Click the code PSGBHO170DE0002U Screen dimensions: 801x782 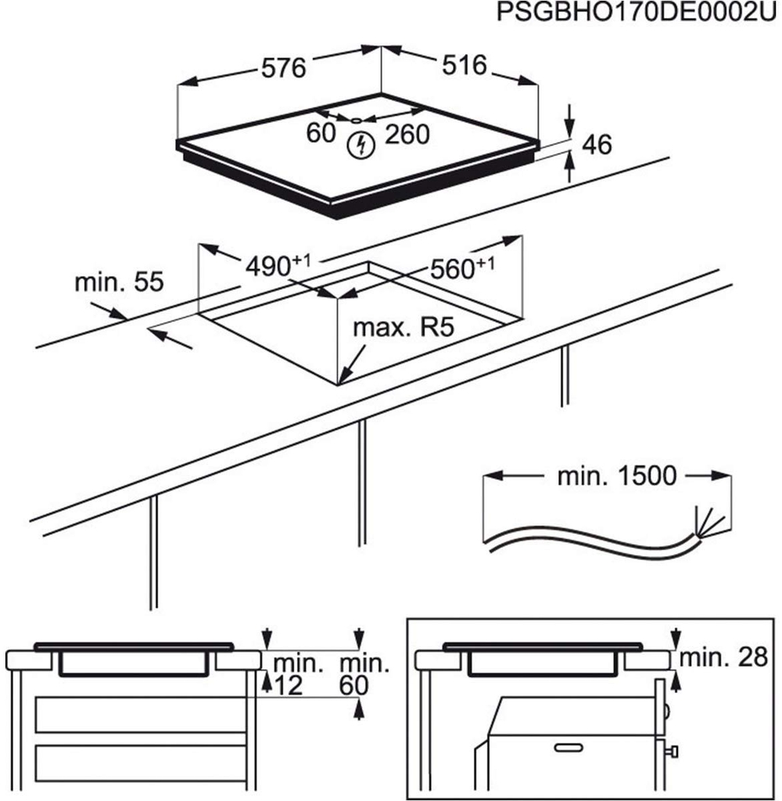coord(638,14)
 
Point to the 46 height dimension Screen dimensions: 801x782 coord(597,144)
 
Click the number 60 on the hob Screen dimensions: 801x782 coord(321,135)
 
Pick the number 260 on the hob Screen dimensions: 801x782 coord(407,135)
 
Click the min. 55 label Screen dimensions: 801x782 coord(119,282)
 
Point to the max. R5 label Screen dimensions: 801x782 coord(403,328)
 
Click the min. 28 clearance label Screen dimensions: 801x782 coord(723,658)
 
